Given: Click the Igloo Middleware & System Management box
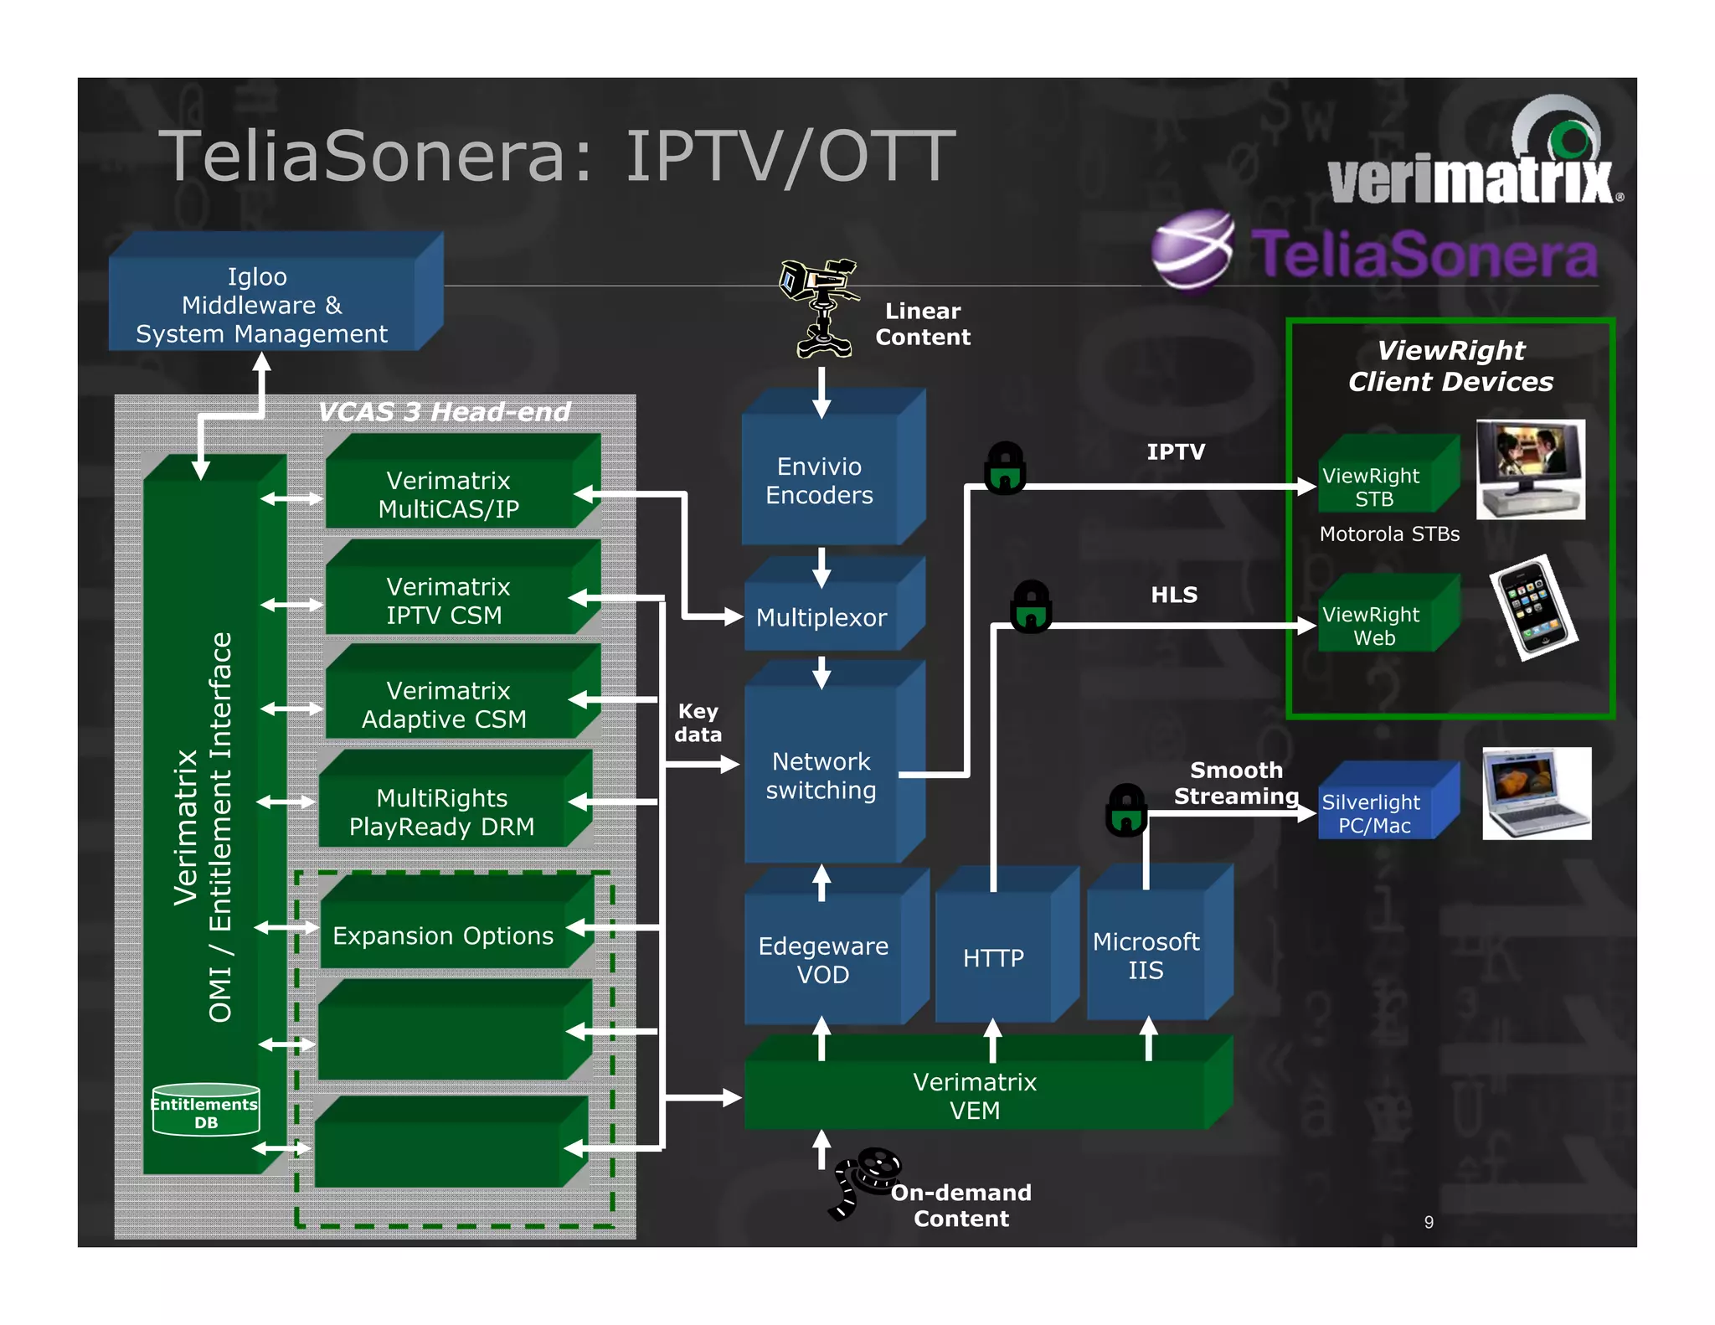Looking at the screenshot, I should click(x=261, y=305).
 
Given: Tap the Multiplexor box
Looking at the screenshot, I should click(x=821, y=617).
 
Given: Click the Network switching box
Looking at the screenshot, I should click(x=821, y=776).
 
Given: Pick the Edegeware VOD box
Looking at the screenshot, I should click(x=822, y=960).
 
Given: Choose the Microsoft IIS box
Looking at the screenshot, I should click(x=1146, y=956).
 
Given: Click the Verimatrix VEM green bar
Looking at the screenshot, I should click(x=975, y=1096).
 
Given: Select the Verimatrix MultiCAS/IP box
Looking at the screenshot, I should click(x=449, y=494).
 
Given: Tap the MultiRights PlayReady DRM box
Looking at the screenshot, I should click(x=442, y=812).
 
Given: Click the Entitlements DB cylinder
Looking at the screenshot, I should click(x=206, y=1111).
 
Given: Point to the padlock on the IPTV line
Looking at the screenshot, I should click(x=1005, y=468).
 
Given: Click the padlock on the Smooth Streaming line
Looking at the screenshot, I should click(x=1126, y=810).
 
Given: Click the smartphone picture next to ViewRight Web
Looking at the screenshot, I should click(x=1533, y=607).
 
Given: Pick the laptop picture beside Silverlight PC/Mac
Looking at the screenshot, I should click(x=1537, y=794).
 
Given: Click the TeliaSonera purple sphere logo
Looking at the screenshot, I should click(x=1192, y=250).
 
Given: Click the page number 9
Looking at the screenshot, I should click(x=1429, y=1222).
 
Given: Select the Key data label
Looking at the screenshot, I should click(x=698, y=723).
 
